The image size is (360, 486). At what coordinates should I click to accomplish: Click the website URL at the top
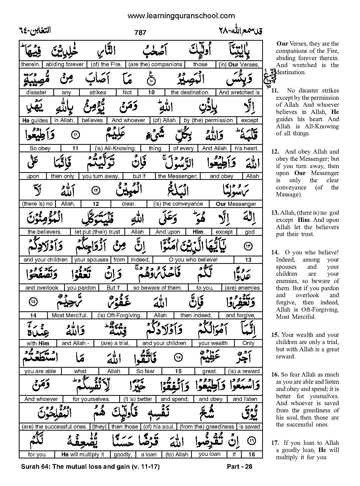[x=181, y=16]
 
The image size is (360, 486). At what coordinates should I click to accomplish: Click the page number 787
[x=140, y=32]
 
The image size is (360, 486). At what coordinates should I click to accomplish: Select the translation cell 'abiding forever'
[x=65, y=64]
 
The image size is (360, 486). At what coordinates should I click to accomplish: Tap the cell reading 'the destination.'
[x=190, y=92]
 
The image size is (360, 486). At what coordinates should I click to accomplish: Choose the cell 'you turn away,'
[x=101, y=176]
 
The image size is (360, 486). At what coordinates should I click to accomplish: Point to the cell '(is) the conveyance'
[x=178, y=204]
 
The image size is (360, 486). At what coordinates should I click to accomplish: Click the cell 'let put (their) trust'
[x=97, y=232]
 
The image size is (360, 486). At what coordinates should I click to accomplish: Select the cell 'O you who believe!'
[x=193, y=260]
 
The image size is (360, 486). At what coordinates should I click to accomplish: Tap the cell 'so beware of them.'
[x=158, y=288]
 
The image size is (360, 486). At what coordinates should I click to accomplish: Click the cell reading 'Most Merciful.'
[x=70, y=315]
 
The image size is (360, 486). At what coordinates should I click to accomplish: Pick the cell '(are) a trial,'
[x=115, y=343]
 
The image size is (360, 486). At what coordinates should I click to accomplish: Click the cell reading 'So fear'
[x=145, y=371]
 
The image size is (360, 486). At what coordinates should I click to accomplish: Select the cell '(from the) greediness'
[x=207, y=427]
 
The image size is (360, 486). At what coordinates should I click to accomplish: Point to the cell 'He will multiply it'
[x=82, y=455]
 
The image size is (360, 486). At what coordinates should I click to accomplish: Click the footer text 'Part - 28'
[x=239, y=466]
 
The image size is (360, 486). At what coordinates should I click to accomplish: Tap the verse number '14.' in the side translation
[x=275, y=253]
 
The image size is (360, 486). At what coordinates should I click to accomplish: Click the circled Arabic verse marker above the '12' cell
[x=96, y=191]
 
